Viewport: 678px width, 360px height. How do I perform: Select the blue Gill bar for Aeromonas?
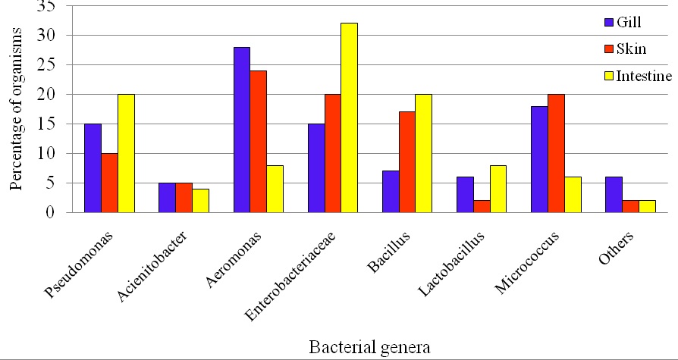click(242, 130)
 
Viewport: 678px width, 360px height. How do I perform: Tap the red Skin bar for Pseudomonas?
click(110, 183)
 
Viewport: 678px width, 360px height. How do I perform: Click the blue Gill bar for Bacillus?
click(391, 192)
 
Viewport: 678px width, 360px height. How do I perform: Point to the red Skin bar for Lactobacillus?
click(482, 206)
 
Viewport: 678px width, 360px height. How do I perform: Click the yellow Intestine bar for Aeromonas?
click(275, 189)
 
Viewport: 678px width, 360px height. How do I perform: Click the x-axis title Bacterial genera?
click(370, 347)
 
